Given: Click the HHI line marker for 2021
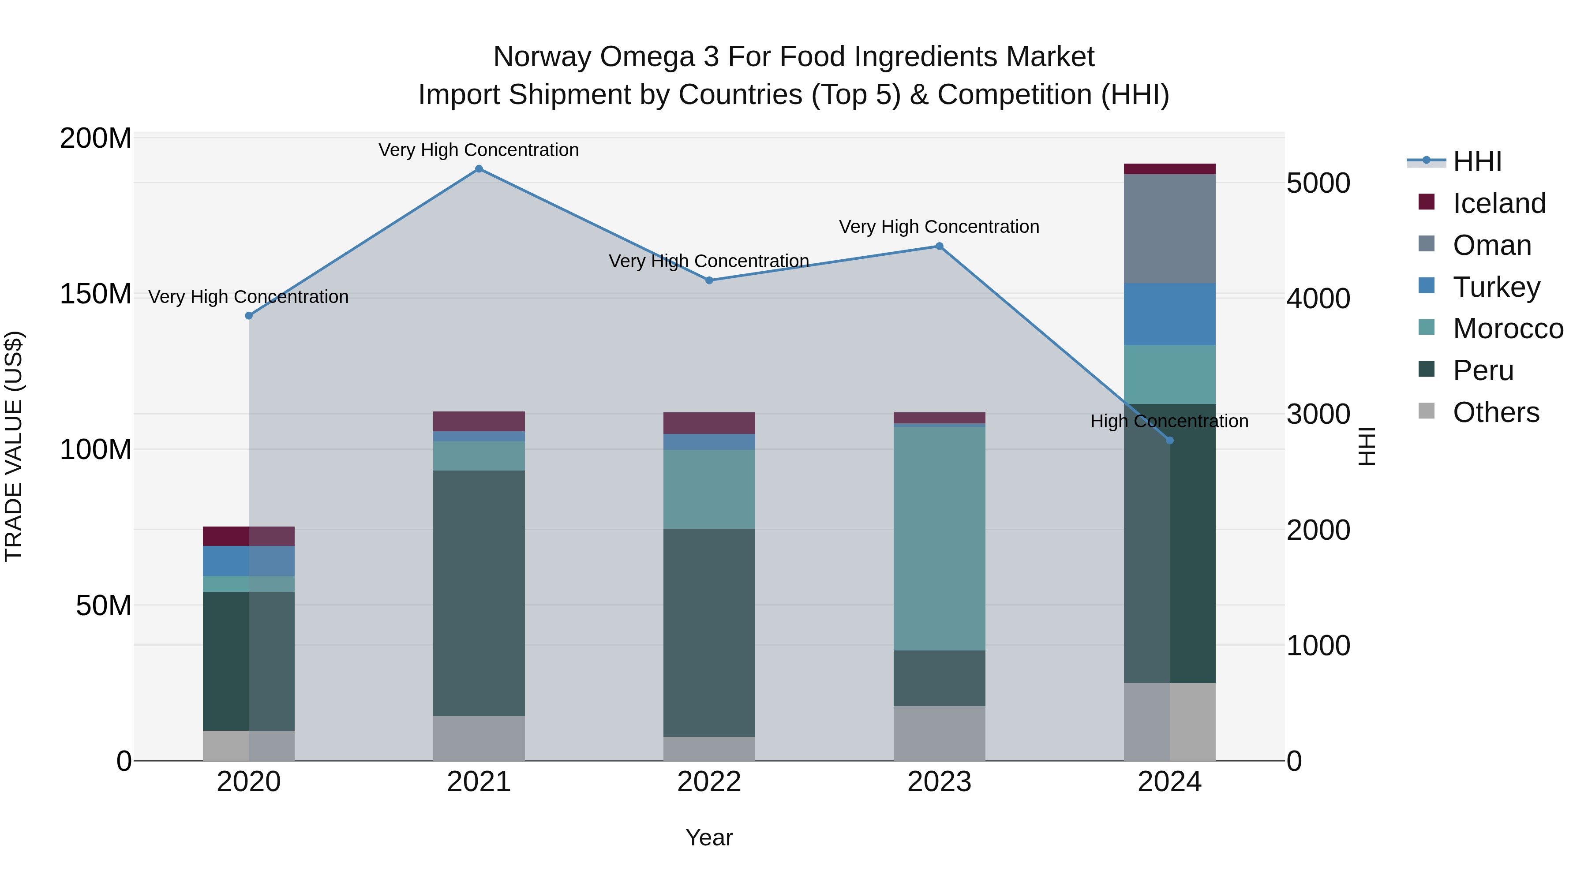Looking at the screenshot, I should click(479, 169).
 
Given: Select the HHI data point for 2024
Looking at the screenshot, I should click(1169, 441).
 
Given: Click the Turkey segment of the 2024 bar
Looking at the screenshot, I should click(1169, 314).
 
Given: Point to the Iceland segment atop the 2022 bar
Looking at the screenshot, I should click(709, 423).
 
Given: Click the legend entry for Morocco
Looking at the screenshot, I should click(1507, 329).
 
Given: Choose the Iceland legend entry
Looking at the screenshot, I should click(1498, 203).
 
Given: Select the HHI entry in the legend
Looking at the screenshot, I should click(1477, 161).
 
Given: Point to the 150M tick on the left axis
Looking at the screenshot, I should click(96, 294).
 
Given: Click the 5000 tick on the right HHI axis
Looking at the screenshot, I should click(1318, 183).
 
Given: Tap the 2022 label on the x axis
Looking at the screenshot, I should click(709, 782).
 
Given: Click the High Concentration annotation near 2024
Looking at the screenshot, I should click(1169, 422).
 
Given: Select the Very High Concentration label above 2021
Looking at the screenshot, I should click(479, 150).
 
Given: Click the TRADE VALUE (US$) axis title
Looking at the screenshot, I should click(14, 446).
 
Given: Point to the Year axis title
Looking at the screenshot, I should click(709, 837).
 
